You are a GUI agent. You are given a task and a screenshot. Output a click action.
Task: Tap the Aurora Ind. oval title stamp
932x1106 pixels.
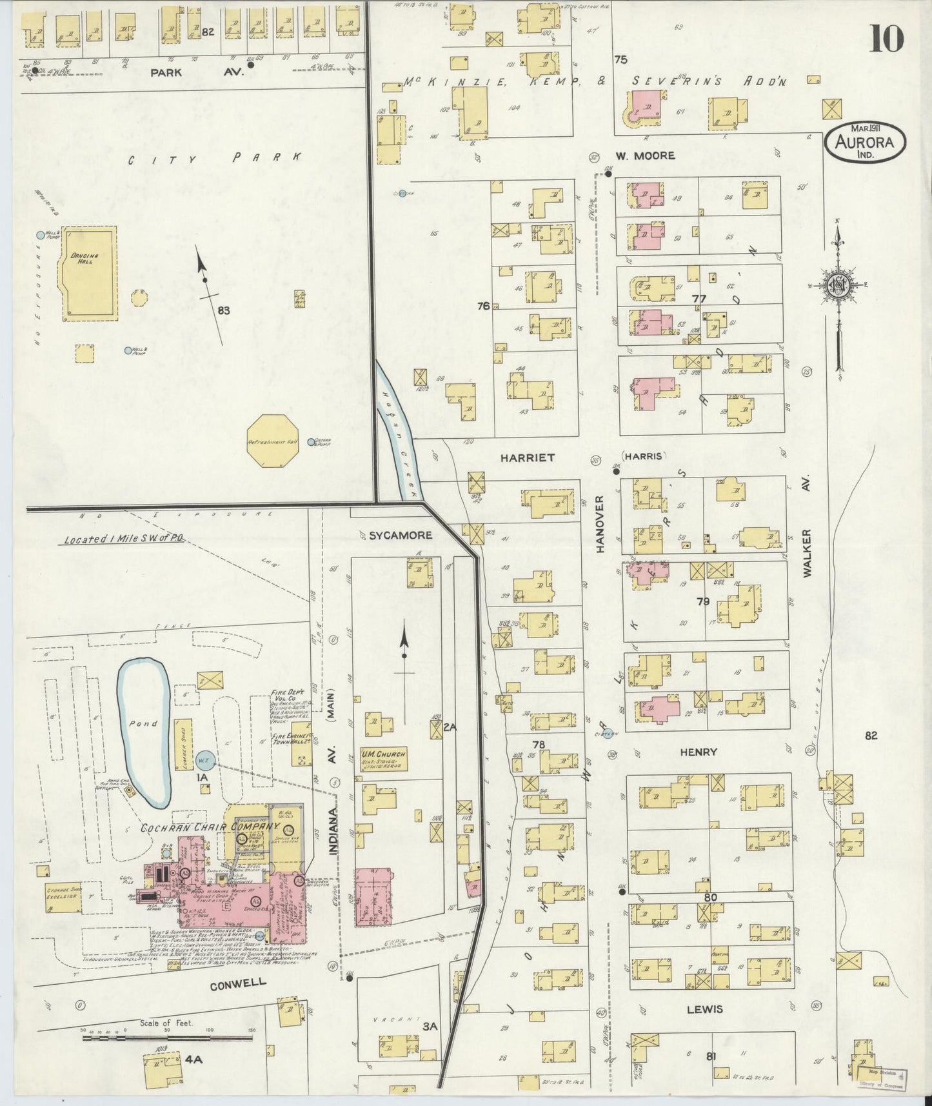[x=864, y=141]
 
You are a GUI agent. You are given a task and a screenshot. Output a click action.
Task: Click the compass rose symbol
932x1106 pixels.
[x=838, y=288]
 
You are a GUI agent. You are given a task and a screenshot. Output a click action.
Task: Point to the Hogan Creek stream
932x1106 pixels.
[x=401, y=438]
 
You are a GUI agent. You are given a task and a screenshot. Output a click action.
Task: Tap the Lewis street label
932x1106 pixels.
[x=704, y=1009]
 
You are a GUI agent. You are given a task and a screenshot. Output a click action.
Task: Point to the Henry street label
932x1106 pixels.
[x=699, y=752]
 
